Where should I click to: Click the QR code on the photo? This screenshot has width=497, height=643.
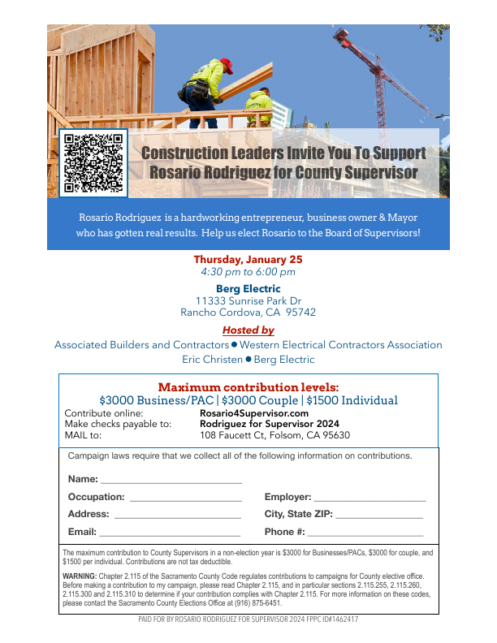pos(93,162)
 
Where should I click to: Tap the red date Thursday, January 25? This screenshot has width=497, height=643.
pos(248,259)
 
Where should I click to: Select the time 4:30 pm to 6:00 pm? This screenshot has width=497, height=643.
pos(248,272)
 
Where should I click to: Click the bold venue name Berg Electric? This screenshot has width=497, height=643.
pos(248,288)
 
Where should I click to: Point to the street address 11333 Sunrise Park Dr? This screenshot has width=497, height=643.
pos(248,300)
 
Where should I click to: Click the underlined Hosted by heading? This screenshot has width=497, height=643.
pos(248,330)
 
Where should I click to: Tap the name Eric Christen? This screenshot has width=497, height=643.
pos(212,359)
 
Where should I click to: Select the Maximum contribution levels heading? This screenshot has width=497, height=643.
pos(248,387)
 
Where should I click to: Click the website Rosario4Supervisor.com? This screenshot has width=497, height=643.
pos(254,413)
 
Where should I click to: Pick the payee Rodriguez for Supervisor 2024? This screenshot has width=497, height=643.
pos(269,424)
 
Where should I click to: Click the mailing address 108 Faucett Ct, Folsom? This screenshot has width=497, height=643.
pos(274,434)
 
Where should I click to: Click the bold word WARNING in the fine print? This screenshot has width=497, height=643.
pos(80,576)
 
